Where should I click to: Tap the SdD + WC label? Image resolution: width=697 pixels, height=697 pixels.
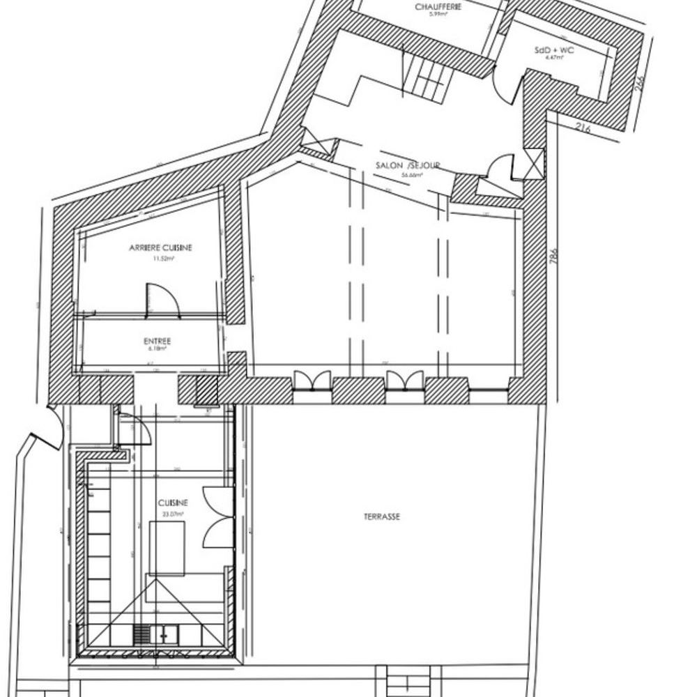[555, 50]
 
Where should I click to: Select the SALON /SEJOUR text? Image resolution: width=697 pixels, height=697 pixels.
[408, 166]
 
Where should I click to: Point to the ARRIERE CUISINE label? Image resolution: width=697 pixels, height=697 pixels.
[160, 247]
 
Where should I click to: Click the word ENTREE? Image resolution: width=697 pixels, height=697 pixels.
[158, 341]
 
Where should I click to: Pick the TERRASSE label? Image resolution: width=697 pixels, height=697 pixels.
[381, 517]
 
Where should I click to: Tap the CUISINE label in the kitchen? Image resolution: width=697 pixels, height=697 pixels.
[173, 503]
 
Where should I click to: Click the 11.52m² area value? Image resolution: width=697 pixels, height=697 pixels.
[164, 257]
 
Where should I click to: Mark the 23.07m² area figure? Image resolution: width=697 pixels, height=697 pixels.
[173, 514]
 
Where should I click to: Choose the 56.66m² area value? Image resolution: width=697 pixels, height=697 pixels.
[407, 176]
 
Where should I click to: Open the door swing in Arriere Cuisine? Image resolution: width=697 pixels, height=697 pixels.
[162, 300]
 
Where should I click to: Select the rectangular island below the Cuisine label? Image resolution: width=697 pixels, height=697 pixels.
[167, 547]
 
